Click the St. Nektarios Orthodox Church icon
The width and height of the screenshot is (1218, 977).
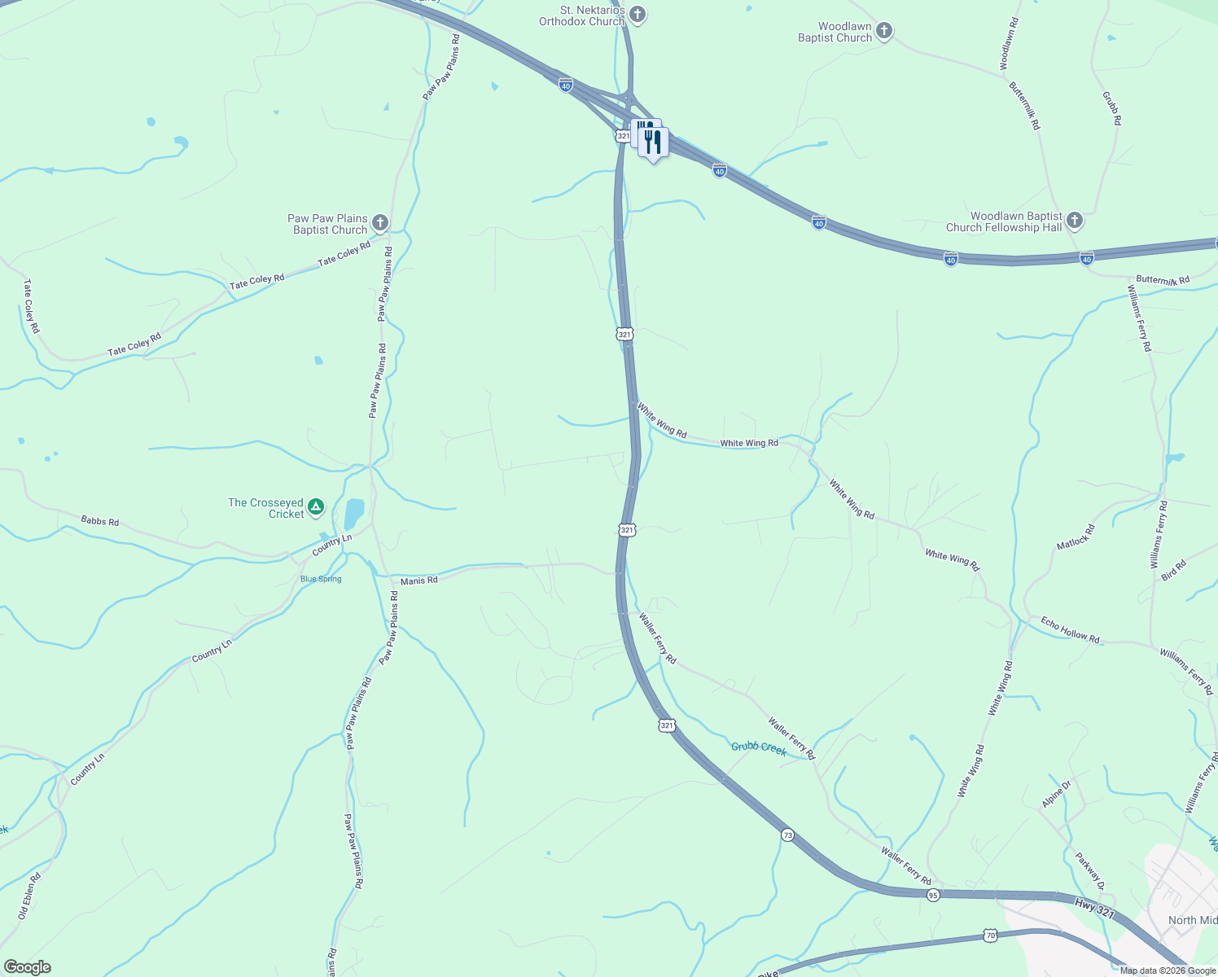[638, 15]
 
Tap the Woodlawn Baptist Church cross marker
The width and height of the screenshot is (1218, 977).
[884, 32]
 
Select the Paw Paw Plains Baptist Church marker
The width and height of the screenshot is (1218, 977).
[380, 223]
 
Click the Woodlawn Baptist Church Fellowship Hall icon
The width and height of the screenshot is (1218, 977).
[1075, 221]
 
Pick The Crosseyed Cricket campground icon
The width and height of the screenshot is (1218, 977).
[317, 508]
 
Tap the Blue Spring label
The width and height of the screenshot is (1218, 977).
[321, 579]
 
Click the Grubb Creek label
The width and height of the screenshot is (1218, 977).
[758, 747]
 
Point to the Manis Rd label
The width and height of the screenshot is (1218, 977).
[419, 581]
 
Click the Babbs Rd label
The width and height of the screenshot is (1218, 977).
[99, 520]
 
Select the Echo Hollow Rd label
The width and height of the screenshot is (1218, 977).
[1070, 629]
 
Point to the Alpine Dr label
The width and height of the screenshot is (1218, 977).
[1057, 794]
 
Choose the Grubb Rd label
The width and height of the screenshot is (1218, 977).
[1112, 107]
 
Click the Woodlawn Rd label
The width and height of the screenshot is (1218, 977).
[1008, 43]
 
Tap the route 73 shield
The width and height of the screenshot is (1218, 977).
[786, 835]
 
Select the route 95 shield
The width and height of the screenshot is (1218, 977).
[933, 895]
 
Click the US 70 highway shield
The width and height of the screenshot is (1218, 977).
[990, 936]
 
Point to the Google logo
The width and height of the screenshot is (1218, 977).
[27, 967]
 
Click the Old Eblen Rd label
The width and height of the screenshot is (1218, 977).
[29, 897]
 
